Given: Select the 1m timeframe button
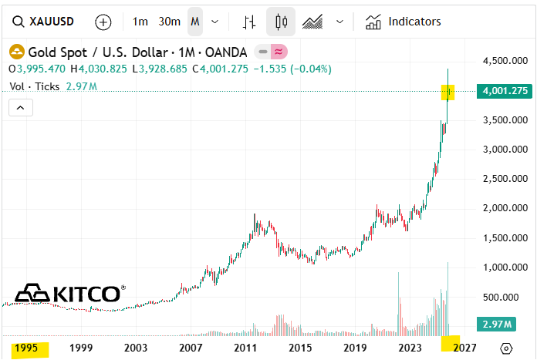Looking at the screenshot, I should click(140, 22).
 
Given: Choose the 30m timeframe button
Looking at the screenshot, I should click(169, 22).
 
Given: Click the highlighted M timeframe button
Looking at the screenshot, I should click(194, 22).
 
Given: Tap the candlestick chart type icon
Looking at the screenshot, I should click(281, 22).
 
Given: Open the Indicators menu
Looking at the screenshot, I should click(404, 22).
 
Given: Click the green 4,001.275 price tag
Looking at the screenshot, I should click(504, 91).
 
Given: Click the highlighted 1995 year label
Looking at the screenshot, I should click(25, 348).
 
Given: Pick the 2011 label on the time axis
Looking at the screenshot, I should click(245, 348).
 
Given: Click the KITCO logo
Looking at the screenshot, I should click(69, 293).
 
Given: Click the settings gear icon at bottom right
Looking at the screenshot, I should click(506, 348).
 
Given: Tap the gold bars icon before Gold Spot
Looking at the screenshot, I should click(16, 52).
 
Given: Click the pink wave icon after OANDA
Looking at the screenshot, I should click(279, 52).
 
